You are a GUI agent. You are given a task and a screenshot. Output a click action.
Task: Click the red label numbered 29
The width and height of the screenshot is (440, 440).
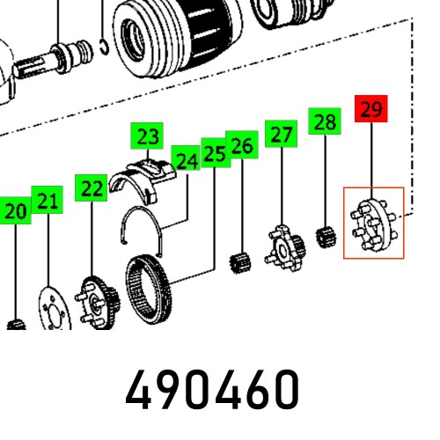pos(371,108)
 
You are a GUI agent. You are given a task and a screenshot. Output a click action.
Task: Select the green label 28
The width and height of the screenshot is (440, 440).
pos(325,121)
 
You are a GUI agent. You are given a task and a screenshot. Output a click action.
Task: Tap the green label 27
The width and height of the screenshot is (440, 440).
pos(281,134)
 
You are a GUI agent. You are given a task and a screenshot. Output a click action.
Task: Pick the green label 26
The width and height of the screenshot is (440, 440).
pos(242,144)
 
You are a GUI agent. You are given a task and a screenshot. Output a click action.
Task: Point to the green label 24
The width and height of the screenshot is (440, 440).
pos(186,158)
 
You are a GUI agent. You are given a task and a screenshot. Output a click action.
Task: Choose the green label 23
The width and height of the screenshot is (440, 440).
pos(147,136)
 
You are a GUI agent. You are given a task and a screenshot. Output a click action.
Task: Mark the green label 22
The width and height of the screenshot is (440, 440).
pos(91,188)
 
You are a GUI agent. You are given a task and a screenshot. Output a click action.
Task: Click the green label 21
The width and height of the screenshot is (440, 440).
pos(48,200)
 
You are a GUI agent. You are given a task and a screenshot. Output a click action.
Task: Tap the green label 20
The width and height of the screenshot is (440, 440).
pos(15,210)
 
